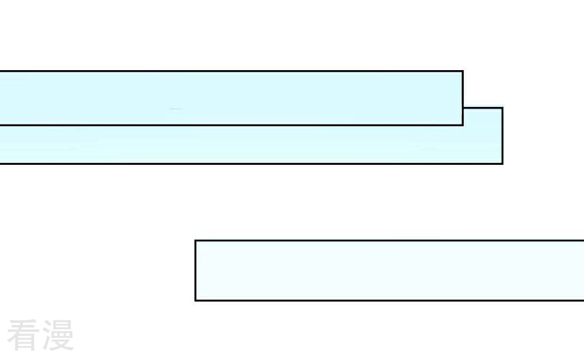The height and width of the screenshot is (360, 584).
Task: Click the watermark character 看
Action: coord(23,335)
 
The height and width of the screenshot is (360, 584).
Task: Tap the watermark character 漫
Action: coord(58,335)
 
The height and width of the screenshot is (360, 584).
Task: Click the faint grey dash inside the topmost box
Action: coord(175,109)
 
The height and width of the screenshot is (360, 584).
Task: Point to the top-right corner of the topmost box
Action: coord(463,71)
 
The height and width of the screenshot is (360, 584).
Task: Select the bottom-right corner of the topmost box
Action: coord(463,125)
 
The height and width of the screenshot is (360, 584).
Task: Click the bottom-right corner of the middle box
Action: coord(502,164)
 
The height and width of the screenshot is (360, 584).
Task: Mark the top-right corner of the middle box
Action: coord(502,108)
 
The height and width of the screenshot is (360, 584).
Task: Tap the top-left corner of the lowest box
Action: coord(196,241)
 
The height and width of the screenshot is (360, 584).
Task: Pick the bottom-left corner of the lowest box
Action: coord(196,300)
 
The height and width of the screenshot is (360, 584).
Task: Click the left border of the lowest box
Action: coord(196,271)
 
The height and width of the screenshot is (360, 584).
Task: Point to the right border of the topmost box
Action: coord(463,98)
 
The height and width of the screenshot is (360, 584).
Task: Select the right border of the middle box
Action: coord(502,136)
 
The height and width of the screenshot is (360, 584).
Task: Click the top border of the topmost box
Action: coord(231,71)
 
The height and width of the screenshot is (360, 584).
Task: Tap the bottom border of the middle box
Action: coord(251,164)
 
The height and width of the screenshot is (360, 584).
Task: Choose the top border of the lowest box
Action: coord(390,241)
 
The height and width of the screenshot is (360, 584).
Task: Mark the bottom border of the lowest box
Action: coord(390,300)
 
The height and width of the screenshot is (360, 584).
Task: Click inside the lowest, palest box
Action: coord(390,271)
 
